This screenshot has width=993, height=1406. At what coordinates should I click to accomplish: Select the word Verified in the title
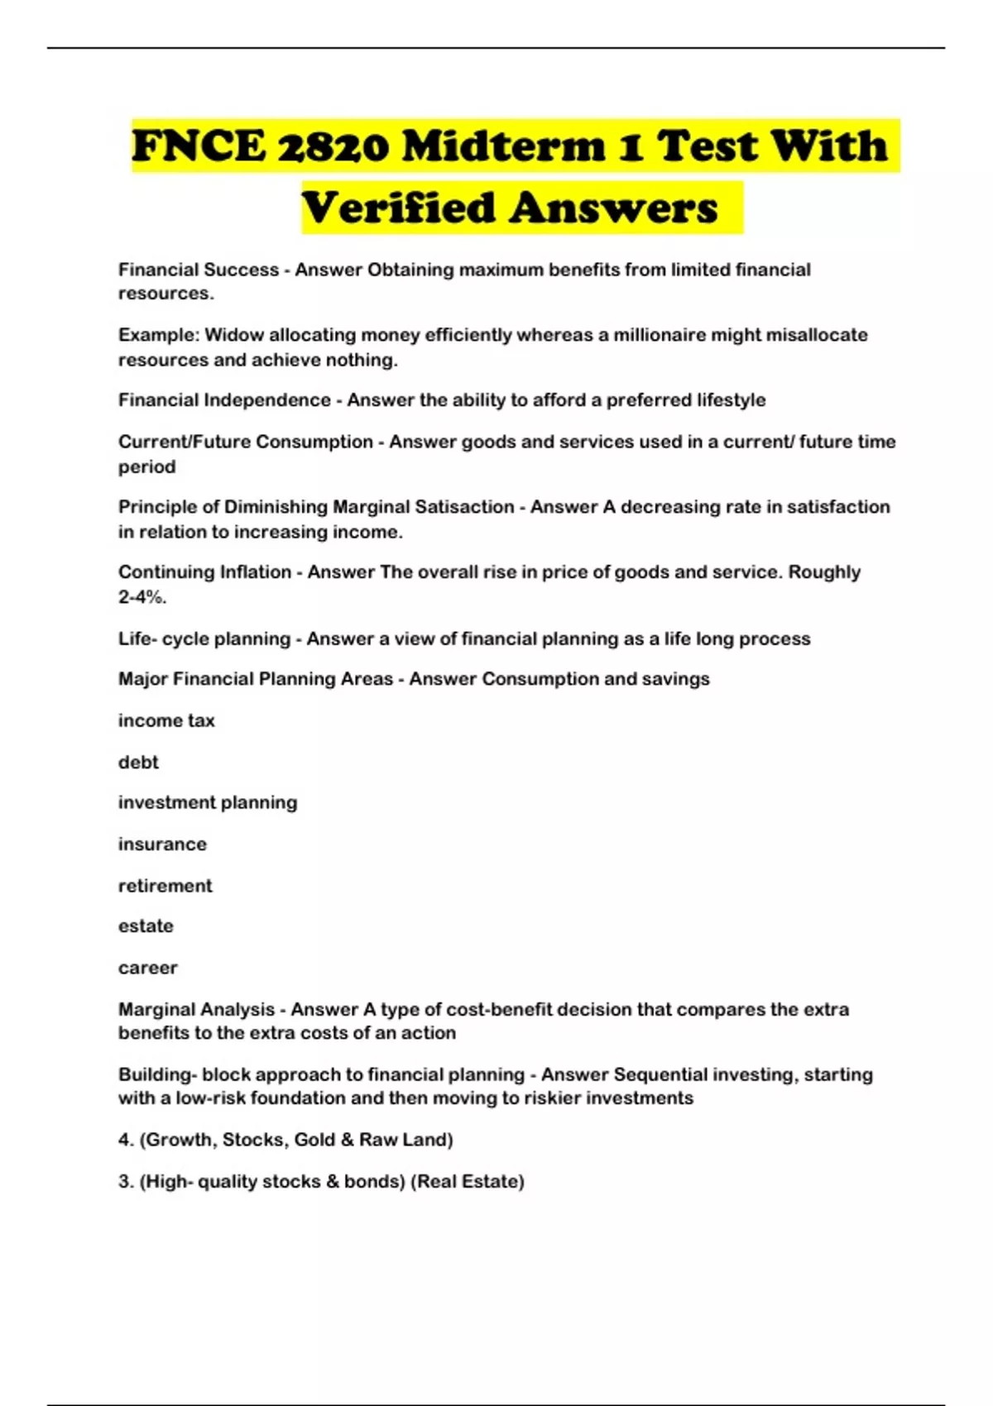coord(397,208)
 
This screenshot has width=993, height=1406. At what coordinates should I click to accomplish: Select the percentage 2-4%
coord(142,597)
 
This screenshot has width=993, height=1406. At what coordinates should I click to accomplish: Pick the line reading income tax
coord(166,720)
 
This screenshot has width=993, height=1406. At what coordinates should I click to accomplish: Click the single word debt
coord(138,762)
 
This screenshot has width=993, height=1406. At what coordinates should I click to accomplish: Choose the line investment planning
coord(208,802)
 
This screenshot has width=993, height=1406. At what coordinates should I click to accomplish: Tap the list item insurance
coord(162,844)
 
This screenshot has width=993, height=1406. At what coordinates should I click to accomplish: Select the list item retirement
coord(165,886)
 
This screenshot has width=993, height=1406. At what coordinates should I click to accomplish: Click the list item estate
coord(146,926)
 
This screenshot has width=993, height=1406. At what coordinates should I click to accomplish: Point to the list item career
coord(148,968)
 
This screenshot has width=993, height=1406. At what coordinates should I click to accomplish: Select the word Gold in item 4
coord(314,1140)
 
